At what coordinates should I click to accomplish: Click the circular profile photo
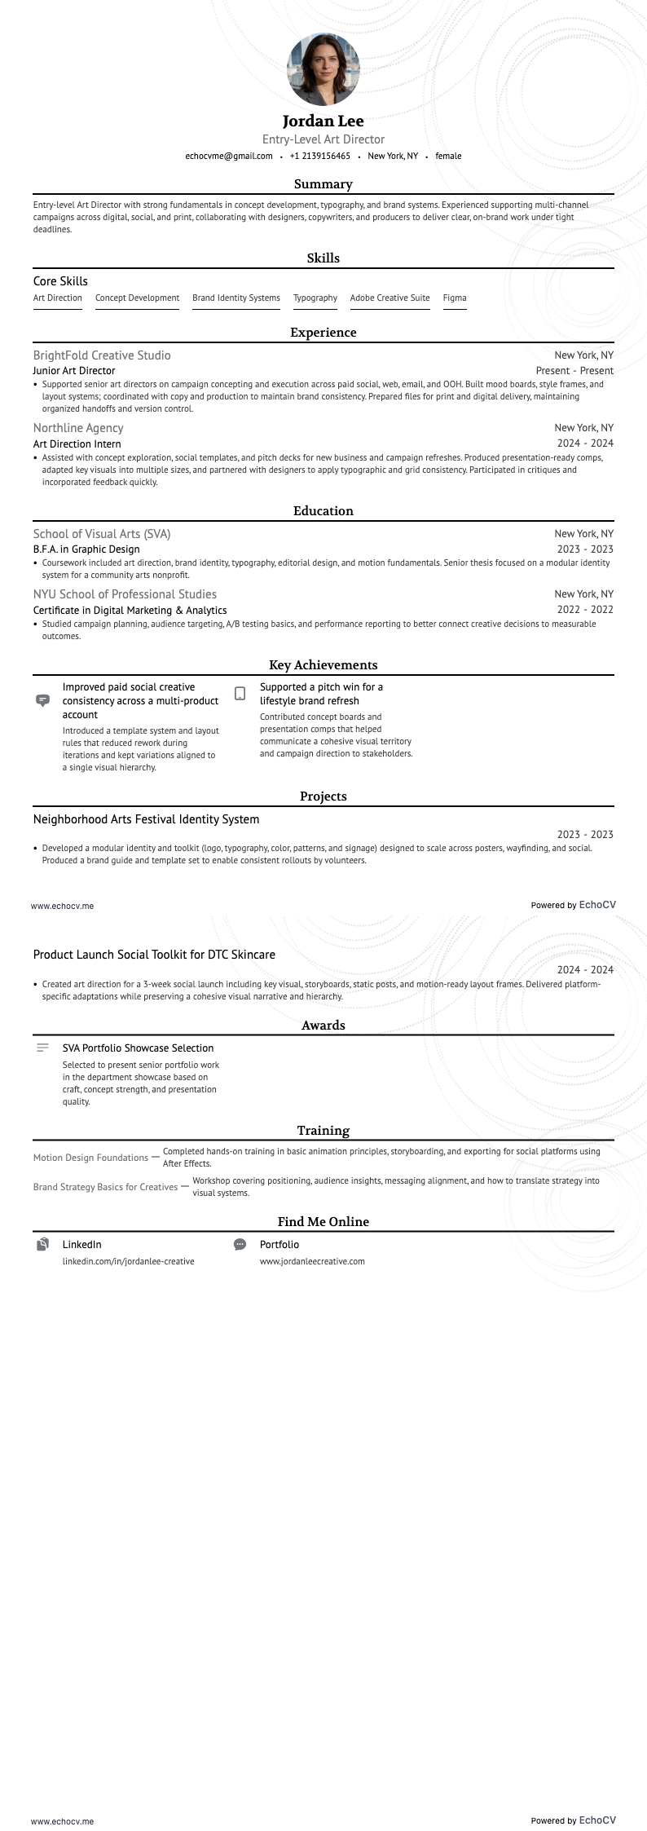tap(323, 69)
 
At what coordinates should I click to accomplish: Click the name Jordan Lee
tap(323, 121)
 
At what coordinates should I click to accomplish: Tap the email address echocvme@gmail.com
tap(229, 156)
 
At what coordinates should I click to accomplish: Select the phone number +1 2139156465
tap(320, 156)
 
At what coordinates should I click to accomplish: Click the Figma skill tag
tap(455, 298)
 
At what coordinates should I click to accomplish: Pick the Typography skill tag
tap(315, 298)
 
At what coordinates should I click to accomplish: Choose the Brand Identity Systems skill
tap(236, 298)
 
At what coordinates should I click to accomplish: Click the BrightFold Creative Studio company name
tap(102, 355)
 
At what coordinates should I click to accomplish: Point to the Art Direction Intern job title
tap(77, 444)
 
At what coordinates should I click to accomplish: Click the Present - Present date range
tap(574, 371)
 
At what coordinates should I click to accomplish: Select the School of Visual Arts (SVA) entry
tap(102, 534)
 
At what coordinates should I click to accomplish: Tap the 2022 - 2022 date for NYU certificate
tap(585, 610)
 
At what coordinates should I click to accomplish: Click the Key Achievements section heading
tap(323, 665)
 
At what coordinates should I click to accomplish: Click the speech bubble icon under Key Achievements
tap(43, 700)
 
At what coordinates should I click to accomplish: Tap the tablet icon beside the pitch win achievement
tap(240, 694)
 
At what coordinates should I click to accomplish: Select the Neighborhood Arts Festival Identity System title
tap(147, 819)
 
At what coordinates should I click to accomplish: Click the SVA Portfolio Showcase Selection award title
tap(138, 1048)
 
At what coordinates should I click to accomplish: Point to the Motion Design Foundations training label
tap(90, 1158)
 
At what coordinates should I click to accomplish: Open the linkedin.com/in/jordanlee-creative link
tap(129, 1261)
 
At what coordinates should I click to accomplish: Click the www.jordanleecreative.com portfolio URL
tap(312, 1261)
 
